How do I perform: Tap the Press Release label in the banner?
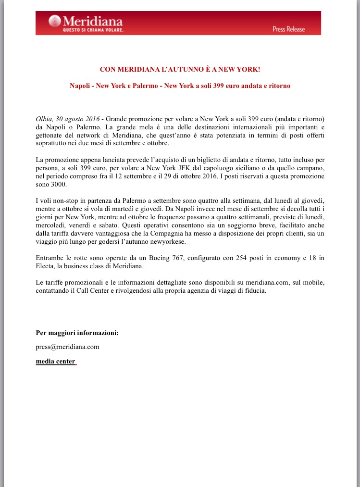point(288,29)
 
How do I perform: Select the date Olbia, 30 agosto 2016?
point(67,119)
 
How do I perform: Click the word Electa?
point(46,266)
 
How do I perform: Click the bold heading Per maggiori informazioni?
point(77,333)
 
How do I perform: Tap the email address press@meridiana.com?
point(67,347)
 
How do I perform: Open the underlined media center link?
point(56,361)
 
